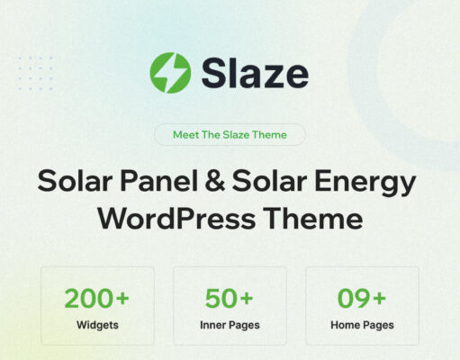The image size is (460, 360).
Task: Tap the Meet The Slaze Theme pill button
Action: coord(229,135)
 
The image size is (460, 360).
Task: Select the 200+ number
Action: coord(96,298)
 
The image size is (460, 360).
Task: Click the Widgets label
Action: coord(96,325)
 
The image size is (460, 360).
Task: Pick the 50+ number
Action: coord(230,298)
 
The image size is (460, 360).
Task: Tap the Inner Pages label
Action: coord(230,325)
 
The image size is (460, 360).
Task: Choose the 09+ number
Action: coord(362,298)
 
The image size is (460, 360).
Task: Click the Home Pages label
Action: coord(362,325)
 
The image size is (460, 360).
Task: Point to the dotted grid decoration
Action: coord(36,73)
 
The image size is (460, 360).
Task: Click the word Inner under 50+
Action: coord(214,325)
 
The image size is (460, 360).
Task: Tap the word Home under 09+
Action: coord(346,325)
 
